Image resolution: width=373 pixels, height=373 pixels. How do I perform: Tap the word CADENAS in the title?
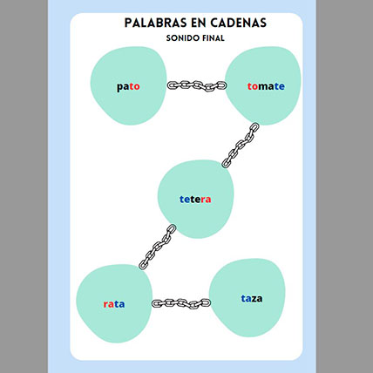click(x=239, y=23)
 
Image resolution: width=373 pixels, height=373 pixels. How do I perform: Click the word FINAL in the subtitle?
click(x=214, y=38)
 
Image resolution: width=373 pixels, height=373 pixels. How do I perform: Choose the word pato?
click(x=128, y=87)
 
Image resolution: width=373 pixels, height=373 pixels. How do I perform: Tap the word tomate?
click(x=266, y=86)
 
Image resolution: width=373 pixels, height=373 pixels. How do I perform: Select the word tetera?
click(x=195, y=200)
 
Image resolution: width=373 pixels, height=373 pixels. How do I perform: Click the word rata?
click(x=114, y=304)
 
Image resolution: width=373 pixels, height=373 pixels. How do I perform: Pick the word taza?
click(x=252, y=298)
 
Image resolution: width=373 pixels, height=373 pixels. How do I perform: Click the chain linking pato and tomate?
click(x=197, y=85)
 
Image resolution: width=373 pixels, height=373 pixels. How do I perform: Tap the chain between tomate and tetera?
click(x=241, y=146)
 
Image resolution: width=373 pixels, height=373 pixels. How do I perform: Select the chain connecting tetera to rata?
click(x=157, y=247)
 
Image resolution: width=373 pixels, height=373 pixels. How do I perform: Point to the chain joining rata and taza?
click(x=181, y=303)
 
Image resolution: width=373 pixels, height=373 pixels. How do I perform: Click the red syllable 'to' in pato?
click(x=134, y=86)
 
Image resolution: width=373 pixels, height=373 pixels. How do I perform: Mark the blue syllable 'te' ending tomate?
click(x=280, y=86)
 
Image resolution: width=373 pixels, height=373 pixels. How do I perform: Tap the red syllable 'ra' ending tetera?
click(x=206, y=200)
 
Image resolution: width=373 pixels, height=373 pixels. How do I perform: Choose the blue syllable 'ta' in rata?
click(x=119, y=304)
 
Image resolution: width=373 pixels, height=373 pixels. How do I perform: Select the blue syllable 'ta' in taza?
click(x=246, y=298)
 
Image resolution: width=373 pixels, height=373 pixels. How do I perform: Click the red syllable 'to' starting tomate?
click(x=253, y=86)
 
